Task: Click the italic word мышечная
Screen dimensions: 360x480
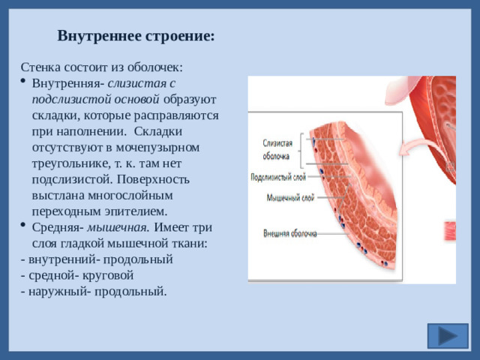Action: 119,228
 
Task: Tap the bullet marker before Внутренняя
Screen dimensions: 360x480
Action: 27,83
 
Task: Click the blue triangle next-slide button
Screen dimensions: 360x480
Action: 448,335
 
